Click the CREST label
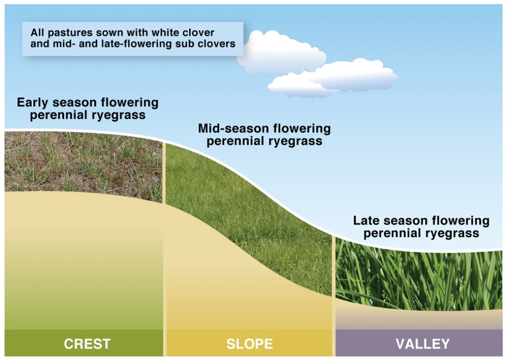click(x=87, y=344)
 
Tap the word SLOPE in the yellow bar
click(x=249, y=344)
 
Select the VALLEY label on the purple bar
click(x=422, y=344)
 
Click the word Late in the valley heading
click(x=364, y=220)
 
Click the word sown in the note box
click(x=100, y=33)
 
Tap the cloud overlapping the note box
click(x=282, y=52)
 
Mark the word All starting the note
click(x=37, y=33)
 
